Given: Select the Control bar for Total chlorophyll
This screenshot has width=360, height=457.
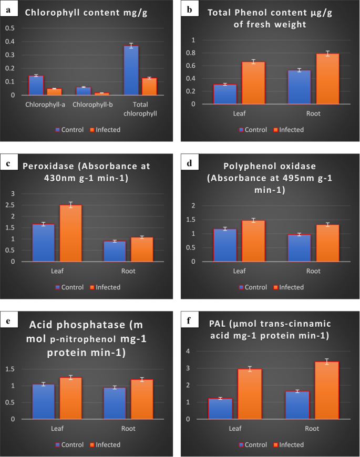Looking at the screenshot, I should point(131,70).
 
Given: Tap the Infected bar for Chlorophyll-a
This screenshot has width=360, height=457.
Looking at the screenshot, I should point(54,91).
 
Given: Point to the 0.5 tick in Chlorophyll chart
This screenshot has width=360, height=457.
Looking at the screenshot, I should point(10,28).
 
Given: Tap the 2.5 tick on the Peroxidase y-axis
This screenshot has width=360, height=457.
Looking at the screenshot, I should point(13,205).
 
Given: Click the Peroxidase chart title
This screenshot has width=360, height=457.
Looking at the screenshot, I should point(87,172).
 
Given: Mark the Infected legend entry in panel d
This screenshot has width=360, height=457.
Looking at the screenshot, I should point(287,287).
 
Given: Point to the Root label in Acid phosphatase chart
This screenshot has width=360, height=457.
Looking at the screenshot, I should point(128,429).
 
